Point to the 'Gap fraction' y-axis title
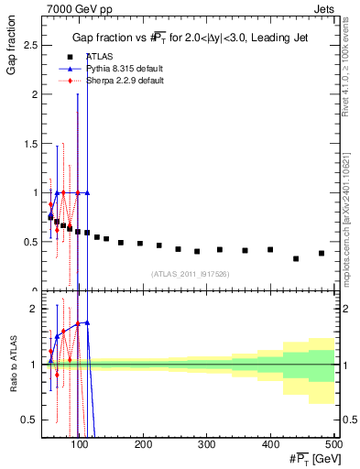point(12,51)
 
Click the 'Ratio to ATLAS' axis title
point(12,365)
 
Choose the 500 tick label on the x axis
point(333,445)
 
